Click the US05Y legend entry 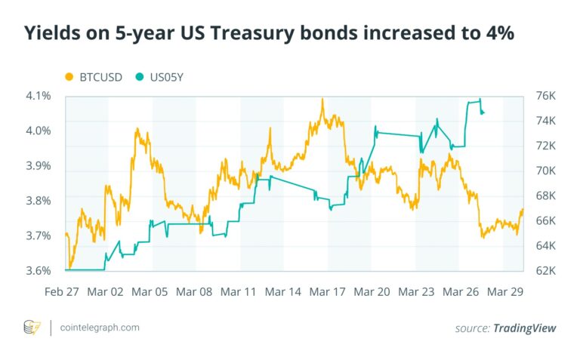(x=164, y=76)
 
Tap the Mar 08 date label (x=195, y=291)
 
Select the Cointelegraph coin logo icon (x=32, y=328)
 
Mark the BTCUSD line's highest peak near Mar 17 (x=322, y=99)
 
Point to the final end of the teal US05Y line (x=484, y=113)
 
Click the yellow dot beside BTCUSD (x=69, y=76)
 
